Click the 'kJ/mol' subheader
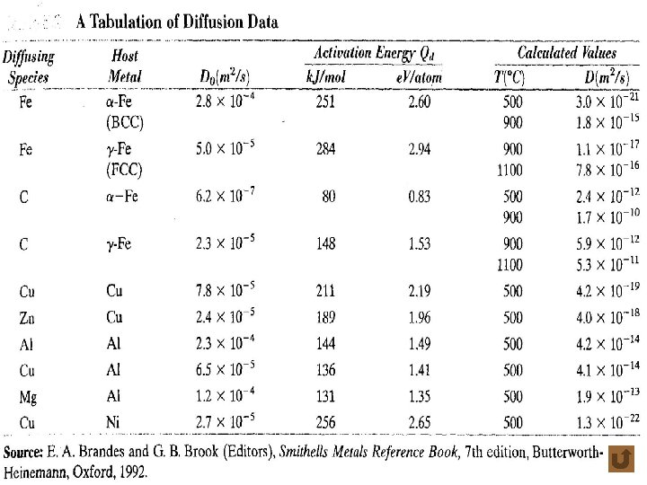tap(326, 77)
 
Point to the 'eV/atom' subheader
tap(417, 77)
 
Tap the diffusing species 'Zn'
tap(27, 317)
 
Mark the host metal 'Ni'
tap(114, 421)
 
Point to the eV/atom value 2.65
tap(419, 421)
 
